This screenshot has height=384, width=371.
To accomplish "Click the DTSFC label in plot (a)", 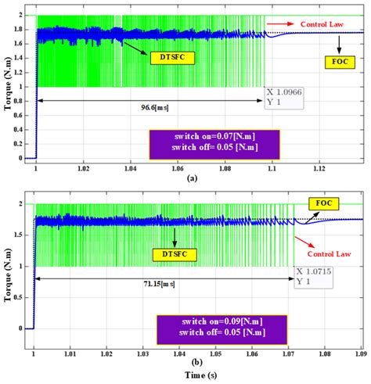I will (x=172, y=57).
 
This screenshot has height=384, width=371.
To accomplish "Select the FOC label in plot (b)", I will (x=324, y=204).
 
